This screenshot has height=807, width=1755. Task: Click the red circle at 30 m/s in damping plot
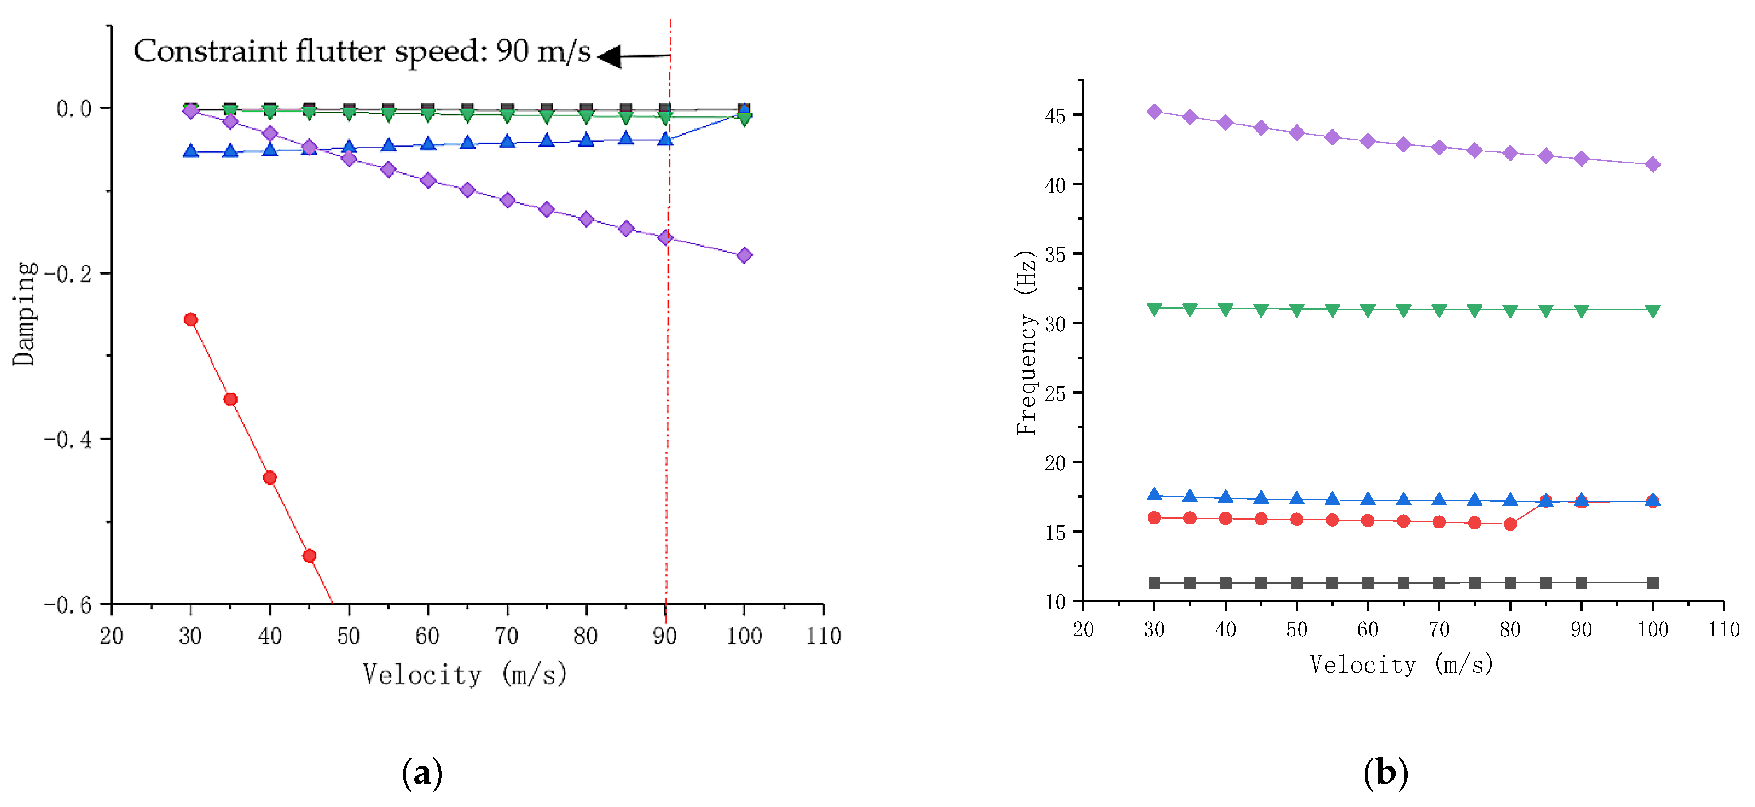[x=191, y=319]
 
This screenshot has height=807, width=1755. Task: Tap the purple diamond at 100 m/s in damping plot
[x=744, y=256]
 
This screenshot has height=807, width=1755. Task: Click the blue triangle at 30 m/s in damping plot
[x=191, y=151]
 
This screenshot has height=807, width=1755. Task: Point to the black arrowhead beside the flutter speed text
[x=610, y=57]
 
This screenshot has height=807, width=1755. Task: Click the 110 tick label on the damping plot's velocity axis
[x=823, y=636]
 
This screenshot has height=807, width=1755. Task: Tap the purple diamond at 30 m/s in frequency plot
[x=1154, y=112]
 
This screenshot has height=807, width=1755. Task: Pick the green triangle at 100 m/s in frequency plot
[x=1652, y=311]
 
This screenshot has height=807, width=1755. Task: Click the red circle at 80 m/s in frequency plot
[x=1510, y=524]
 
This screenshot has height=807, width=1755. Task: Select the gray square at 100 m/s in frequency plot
[x=1652, y=582]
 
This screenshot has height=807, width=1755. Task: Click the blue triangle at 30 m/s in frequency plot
[x=1154, y=494]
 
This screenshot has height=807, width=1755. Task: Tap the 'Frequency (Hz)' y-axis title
[x=1026, y=342]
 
